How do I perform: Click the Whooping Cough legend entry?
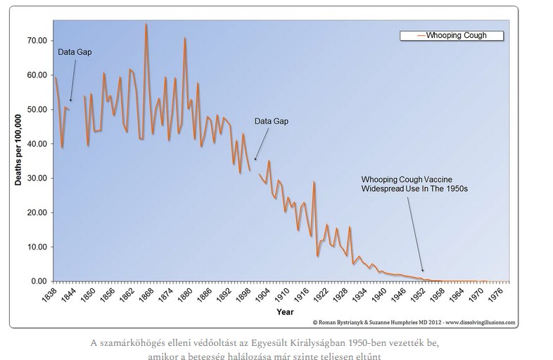pyautogui.click(x=452, y=36)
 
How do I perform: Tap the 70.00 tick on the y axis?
pyautogui.click(x=37, y=41)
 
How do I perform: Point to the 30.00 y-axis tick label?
pyautogui.click(x=37, y=178)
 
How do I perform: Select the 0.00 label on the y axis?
pyautogui.click(x=39, y=281)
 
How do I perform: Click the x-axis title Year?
pyautogui.click(x=285, y=312)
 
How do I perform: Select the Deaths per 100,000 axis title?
pyautogui.click(x=18, y=150)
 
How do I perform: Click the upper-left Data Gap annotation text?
pyautogui.click(x=75, y=52)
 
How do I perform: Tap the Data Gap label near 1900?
pyautogui.click(x=272, y=122)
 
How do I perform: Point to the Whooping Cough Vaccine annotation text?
pyautogui.click(x=414, y=184)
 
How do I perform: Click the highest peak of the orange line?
pyautogui.click(x=146, y=24)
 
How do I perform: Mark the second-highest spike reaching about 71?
pyautogui.click(x=184, y=38)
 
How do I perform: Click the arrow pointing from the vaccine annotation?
pyautogui.click(x=416, y=234)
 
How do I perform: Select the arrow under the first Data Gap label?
pyautogui.click(x=73, y=81)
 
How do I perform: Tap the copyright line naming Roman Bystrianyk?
pyautogui.click(x=414, y=322)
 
